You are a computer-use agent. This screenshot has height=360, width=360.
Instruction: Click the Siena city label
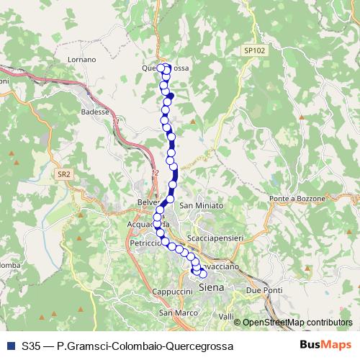(x=211, y=287)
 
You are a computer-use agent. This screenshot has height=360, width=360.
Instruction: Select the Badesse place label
(x=95, y=112)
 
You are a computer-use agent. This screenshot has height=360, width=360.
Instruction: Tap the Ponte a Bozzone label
(x=297, y=198)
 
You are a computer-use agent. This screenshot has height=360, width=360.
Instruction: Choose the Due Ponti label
(x=262, y=289)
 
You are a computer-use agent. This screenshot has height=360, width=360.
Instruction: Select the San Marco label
(x=174, y=313)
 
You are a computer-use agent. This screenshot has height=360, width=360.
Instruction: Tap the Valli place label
(x=227, y=317)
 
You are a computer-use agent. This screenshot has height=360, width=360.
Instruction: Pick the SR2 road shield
(x=64, y=174)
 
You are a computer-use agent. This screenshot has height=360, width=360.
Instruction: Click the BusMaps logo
(x=325, y=346)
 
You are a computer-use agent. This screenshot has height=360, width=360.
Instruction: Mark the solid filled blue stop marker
(x=171, y=94)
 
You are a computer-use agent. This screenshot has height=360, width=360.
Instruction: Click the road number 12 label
(x=155, y=173)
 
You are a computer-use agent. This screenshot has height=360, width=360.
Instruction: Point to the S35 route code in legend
(x=31, y=346)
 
